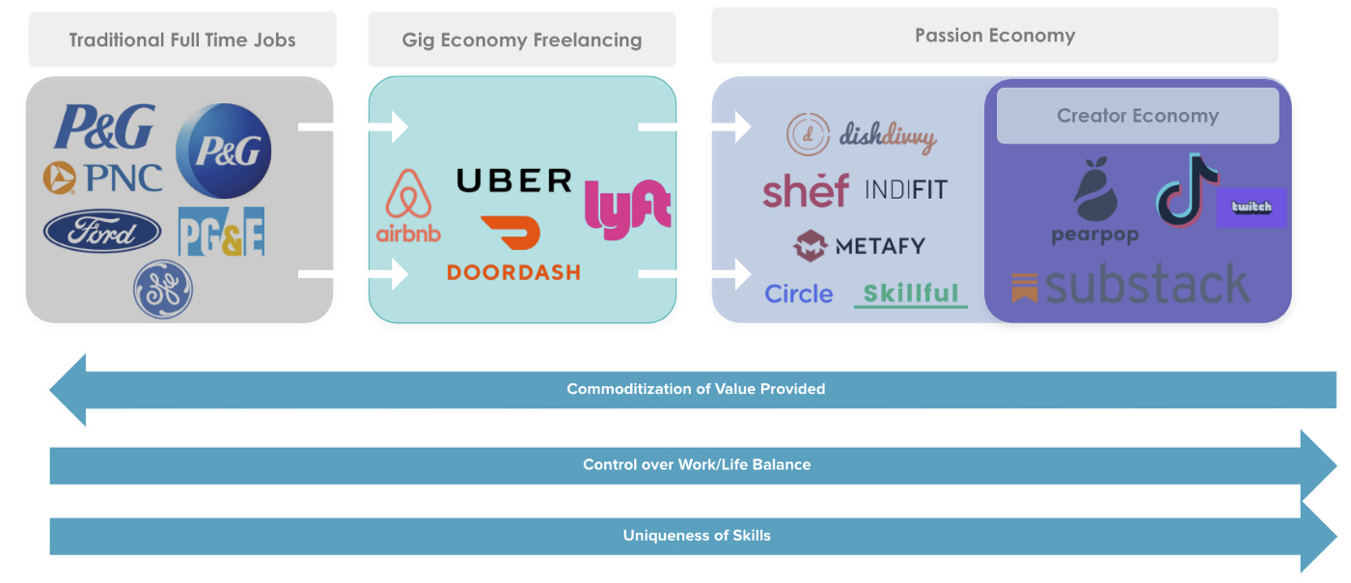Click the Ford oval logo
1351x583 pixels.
pyautogui.click(x=102, y=233)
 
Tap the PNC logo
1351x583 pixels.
pyautogui.click(x=102, y=178)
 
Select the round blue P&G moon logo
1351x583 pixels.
pyautogui.click(x=224, y=152)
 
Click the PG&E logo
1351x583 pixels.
pyautogui.click(x=221, y=232)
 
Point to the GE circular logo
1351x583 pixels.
pyautogui.click(x=163, y=289)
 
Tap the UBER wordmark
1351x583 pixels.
pyautogui.click(x=513, y=180)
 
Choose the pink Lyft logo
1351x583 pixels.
pyautogui.click(x=628, y=207)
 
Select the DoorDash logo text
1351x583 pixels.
pyautogui.click(x=513, y=272)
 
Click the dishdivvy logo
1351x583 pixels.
pyautogui.click(x=861, y=136)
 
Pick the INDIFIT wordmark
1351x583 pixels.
pyautogui.click(x=905, y=188)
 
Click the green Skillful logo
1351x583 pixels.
pyautogui.click(x=911, y=293)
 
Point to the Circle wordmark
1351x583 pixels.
pyautogui.click(x=799, y=293)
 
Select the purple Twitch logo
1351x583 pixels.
pyautogui.click(x=1252, y=207)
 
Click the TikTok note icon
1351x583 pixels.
pyautogui.click(x=1186, y=188)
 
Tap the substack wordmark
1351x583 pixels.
pyautogui.click(x=1131, y=286)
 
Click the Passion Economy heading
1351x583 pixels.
pyautogui.click(x=995, y=36)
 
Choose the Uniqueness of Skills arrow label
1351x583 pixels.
pyautogui.click(x=697, y=535)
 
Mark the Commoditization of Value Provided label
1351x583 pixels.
pyautogui.click(x=696, y=389)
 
